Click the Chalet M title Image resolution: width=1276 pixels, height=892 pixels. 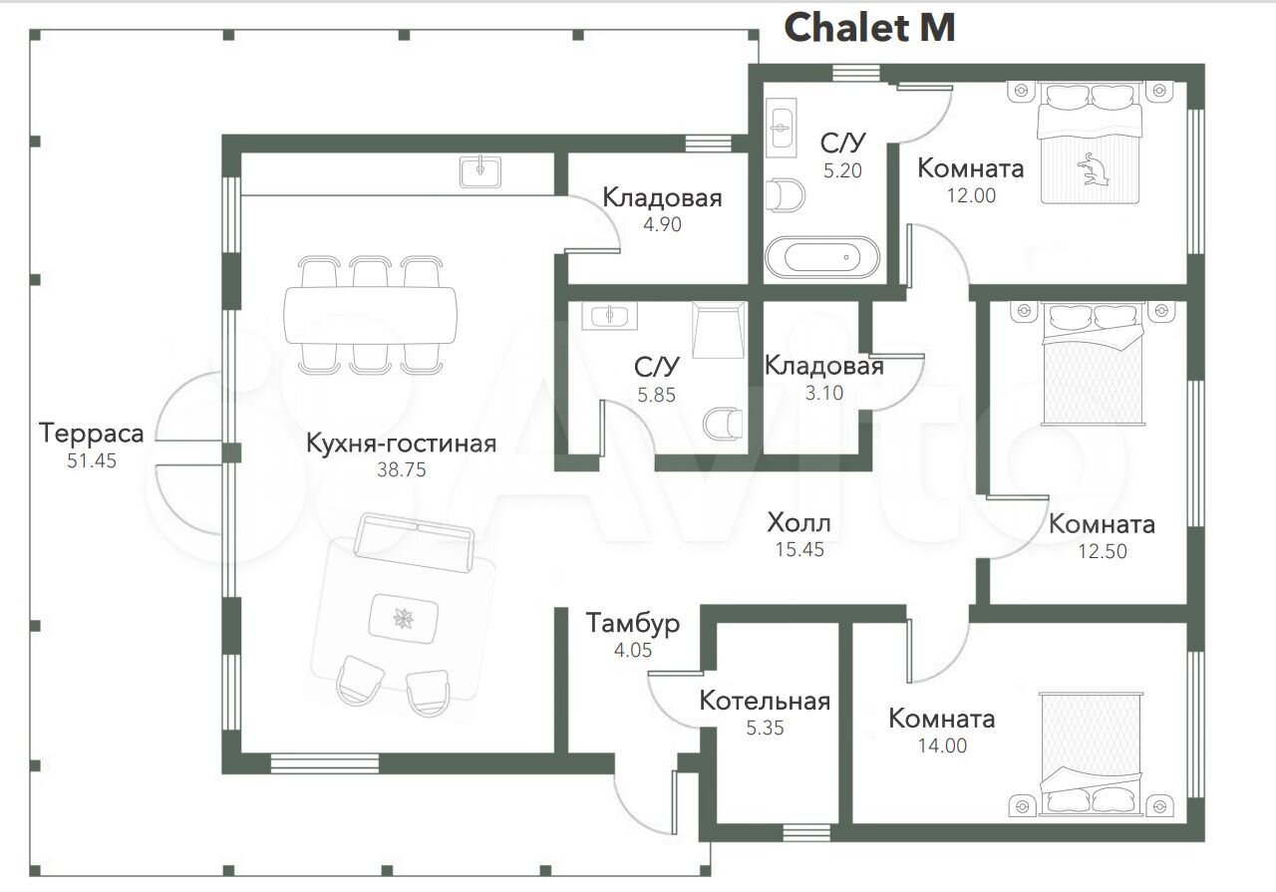869,27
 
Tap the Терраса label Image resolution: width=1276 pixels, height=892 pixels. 91,433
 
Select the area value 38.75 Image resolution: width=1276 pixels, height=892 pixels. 401,469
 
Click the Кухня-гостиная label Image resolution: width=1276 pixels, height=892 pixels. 401,444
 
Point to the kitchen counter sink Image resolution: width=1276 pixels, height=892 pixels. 480,172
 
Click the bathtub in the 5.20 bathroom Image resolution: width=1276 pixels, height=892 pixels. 822,257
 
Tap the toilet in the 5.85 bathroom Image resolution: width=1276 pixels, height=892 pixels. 723,424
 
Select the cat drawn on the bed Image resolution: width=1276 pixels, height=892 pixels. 1093,169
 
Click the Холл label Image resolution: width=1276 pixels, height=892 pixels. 798,522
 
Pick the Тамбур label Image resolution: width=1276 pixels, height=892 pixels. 633,623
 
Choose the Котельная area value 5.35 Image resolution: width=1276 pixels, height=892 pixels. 765,728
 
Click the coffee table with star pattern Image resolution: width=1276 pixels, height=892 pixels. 404,619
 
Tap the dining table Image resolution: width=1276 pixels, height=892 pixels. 370,315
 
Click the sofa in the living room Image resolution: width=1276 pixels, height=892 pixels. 414,542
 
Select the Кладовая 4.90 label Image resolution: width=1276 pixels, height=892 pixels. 663,198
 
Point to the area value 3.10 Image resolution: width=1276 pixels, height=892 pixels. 823,393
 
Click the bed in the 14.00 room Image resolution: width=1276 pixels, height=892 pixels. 1092,754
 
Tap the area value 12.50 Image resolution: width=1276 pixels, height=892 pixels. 1103,551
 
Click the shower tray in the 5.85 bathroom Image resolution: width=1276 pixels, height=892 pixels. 718,330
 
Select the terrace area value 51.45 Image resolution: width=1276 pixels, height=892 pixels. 91,460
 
